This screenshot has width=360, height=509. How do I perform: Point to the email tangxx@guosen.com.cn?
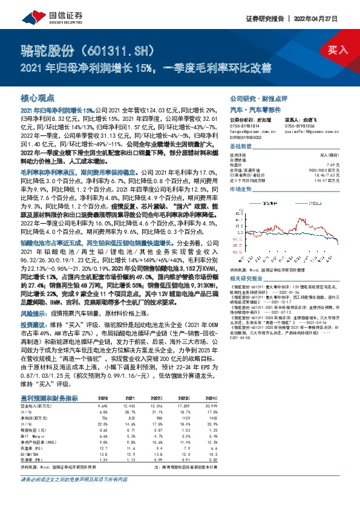point(250,128)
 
